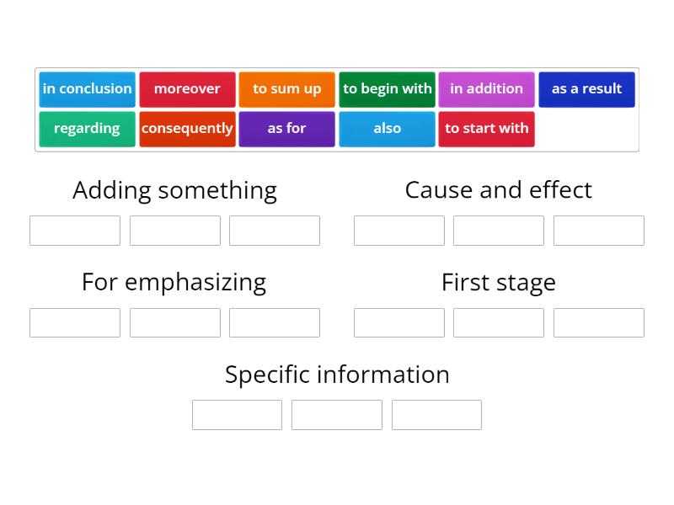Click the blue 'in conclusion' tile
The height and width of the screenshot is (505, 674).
[87, 89]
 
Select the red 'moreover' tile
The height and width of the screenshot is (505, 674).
[187, 89]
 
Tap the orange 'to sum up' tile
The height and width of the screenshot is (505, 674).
[286, 89]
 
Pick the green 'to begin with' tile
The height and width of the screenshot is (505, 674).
[387, 89]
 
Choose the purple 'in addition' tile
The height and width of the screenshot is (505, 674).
[486, 89]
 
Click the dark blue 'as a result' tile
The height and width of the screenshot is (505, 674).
[586, 89]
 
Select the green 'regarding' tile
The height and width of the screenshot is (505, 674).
[87, 129]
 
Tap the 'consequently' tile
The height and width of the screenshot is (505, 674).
[187, 129]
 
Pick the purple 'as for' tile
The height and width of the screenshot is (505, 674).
[286, 129]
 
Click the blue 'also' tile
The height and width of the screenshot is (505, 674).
[387, 129]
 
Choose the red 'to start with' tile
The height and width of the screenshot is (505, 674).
[486, 129]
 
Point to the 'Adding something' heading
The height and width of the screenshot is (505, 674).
[174, 190]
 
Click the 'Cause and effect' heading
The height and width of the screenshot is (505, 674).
[498, 190]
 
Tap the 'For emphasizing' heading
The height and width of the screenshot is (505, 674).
[174, 282]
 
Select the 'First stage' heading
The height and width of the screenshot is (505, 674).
[498, 282]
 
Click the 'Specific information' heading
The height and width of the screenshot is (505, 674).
[337, 375]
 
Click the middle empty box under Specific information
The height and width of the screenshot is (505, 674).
[337, 415]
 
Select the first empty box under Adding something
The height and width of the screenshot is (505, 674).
[75, 231]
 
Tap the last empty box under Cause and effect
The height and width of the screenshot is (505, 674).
[598, 231]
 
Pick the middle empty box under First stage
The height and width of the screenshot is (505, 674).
[498, 323]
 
